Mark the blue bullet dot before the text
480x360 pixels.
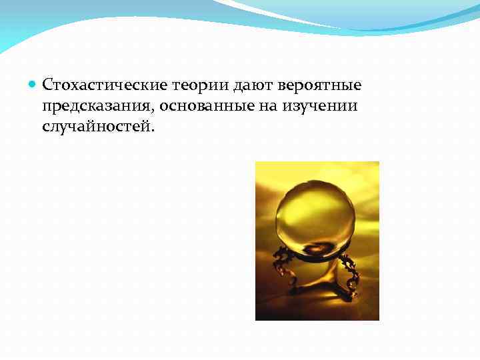coord(34,85)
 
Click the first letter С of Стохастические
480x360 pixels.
coord(47,85)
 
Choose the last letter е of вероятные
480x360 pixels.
coord(357,86)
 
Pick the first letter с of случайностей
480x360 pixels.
coord(46,127)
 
